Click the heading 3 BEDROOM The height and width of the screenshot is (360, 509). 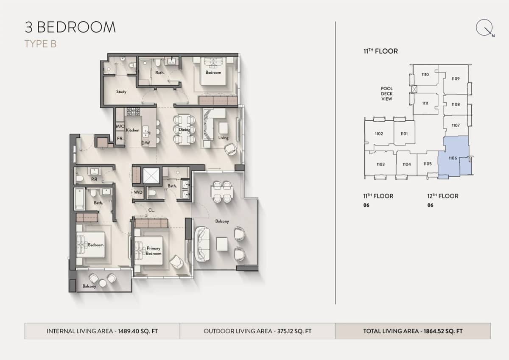pos(70,27)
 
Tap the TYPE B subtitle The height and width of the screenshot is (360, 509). pos(40,44)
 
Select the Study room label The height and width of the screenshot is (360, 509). pos(121,92)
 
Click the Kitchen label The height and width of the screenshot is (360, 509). pos(132,130)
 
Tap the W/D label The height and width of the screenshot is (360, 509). pos(138,192)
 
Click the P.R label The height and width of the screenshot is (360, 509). pos(94,179)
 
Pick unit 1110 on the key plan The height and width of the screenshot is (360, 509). pos(425,75)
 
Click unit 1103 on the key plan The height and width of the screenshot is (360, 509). pos(380,164)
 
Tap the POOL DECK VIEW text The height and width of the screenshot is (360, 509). pos(386,94)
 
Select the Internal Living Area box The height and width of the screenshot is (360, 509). pos(102,331)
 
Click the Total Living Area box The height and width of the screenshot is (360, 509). pos(413,331)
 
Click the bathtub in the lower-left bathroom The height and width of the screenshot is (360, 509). pos(80,199)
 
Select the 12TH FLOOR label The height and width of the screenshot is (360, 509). pos(442,196)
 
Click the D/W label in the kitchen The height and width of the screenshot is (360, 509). pos(145,143)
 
